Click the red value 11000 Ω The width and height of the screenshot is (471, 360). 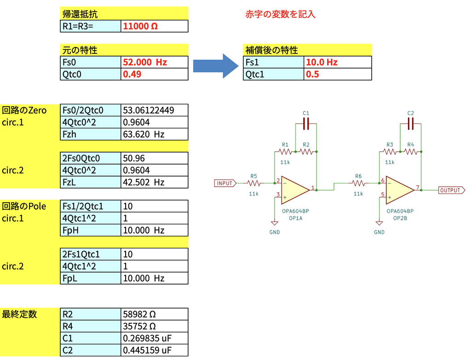140,26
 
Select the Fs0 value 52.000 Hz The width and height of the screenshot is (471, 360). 145,62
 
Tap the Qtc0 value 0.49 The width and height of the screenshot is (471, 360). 132,74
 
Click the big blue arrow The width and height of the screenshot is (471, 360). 216,66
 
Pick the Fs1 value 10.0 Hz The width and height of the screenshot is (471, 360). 322,62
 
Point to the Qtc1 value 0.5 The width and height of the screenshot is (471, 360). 312,74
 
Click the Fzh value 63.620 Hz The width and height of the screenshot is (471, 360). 144,134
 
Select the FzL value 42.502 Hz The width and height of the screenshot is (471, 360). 144,182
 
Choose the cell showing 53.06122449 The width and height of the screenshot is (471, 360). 149,110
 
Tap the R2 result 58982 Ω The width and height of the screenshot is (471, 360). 139,314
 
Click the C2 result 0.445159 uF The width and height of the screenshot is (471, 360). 147,350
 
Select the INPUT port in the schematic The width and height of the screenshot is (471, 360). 225,183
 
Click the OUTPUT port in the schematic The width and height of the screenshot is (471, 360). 452,190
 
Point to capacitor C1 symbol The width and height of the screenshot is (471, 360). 306,124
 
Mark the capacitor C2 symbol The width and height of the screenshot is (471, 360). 411,124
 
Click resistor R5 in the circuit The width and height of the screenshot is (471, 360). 254,183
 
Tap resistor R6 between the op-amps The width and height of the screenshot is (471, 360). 358,183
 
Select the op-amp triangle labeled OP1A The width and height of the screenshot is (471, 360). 295,190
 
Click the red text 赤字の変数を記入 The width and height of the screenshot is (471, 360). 280,14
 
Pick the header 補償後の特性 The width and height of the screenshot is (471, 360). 271,50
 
